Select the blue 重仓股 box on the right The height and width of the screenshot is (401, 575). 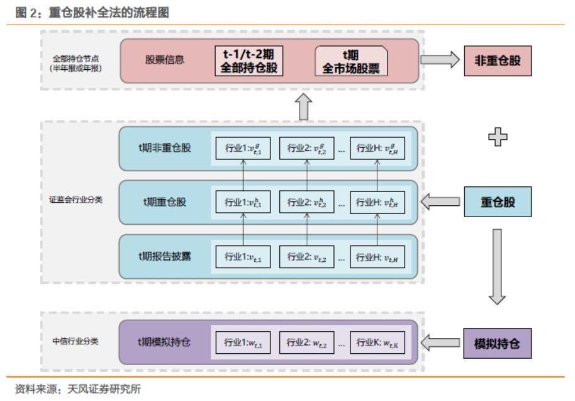coord(498,203)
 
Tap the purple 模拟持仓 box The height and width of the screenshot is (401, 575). coord(498,344)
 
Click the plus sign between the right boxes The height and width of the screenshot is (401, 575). coord(498,137)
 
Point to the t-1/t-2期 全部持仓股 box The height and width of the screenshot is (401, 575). coord(248,61)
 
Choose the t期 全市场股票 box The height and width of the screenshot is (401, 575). coord(351,61)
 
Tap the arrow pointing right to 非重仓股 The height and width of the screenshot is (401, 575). coord(440,60)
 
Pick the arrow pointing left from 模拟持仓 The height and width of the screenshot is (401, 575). coord(440,343)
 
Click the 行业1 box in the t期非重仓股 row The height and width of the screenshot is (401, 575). coord(242,148)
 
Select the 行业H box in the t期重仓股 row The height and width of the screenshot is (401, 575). coord(377,202)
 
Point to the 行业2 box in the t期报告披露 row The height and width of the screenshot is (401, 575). coord(307,256)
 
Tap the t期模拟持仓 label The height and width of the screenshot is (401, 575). coord(164,342)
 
